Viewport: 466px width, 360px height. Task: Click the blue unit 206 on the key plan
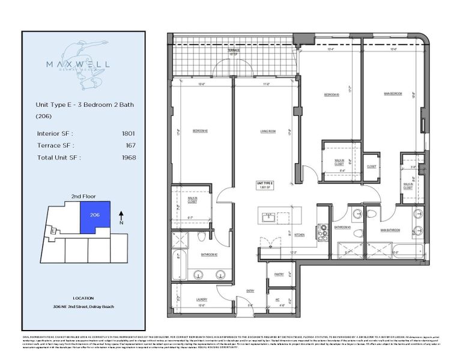pyautogui.click(x=94, y=217)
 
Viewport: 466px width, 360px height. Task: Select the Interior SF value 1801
pyautogui.click(x=128, y=134)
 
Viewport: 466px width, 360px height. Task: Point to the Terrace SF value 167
pyautogui.click(x=130, y=146)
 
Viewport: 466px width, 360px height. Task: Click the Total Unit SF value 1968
pyautogui.click(x=128, y=158)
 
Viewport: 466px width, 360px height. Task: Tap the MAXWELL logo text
pyautogui.click(x=83, y=62)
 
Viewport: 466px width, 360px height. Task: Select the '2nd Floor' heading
pyautogui.click(x=83, y=196)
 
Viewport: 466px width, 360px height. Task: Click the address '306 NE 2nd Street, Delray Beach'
pyautogui.click(x=83, y=307)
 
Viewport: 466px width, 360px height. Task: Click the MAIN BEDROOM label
pyautogui.click(x=393, y=94)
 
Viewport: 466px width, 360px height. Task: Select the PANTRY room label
pyautogui.click(x=278, y=275)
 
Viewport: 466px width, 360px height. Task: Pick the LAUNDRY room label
pyautogui.click(x=201, y=299)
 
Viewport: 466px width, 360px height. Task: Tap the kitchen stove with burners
pyautogui.click(x=322, y=228)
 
